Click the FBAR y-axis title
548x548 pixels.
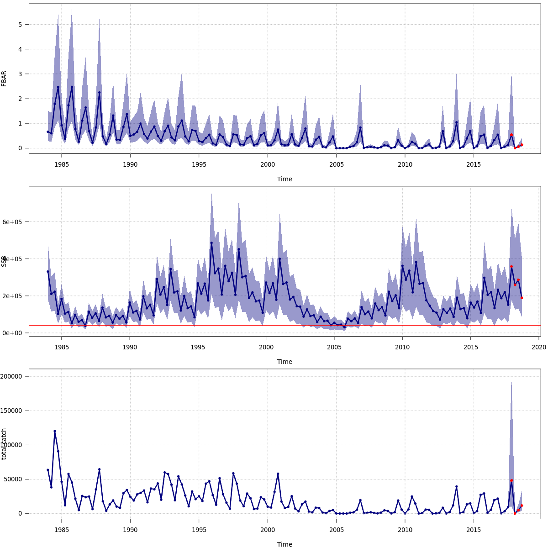pos(4,78)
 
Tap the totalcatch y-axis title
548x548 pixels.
pos(4,444)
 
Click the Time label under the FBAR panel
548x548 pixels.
pos(285,179)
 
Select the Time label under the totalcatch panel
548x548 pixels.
pos(285,544)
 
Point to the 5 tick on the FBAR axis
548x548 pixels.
pos(20,24)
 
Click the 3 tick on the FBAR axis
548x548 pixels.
pos(20,74)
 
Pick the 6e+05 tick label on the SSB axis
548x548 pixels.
pos(12,222)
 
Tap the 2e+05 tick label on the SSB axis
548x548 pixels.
pos(12,296)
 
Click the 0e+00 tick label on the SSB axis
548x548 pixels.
pos(12,333)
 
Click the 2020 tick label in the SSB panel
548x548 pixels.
pos(539,347)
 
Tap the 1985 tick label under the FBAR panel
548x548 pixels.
pos(62,164)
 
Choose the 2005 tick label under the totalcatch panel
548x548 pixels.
pos(337,530)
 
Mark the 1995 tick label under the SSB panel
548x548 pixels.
pos(198,347)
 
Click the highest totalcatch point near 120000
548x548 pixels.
pos(55,431)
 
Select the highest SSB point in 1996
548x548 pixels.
pos(211,243)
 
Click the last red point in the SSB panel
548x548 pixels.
pos(522,298)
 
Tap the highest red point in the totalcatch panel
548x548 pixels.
pos(511,480)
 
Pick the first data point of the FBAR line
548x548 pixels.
pos(48,132)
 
